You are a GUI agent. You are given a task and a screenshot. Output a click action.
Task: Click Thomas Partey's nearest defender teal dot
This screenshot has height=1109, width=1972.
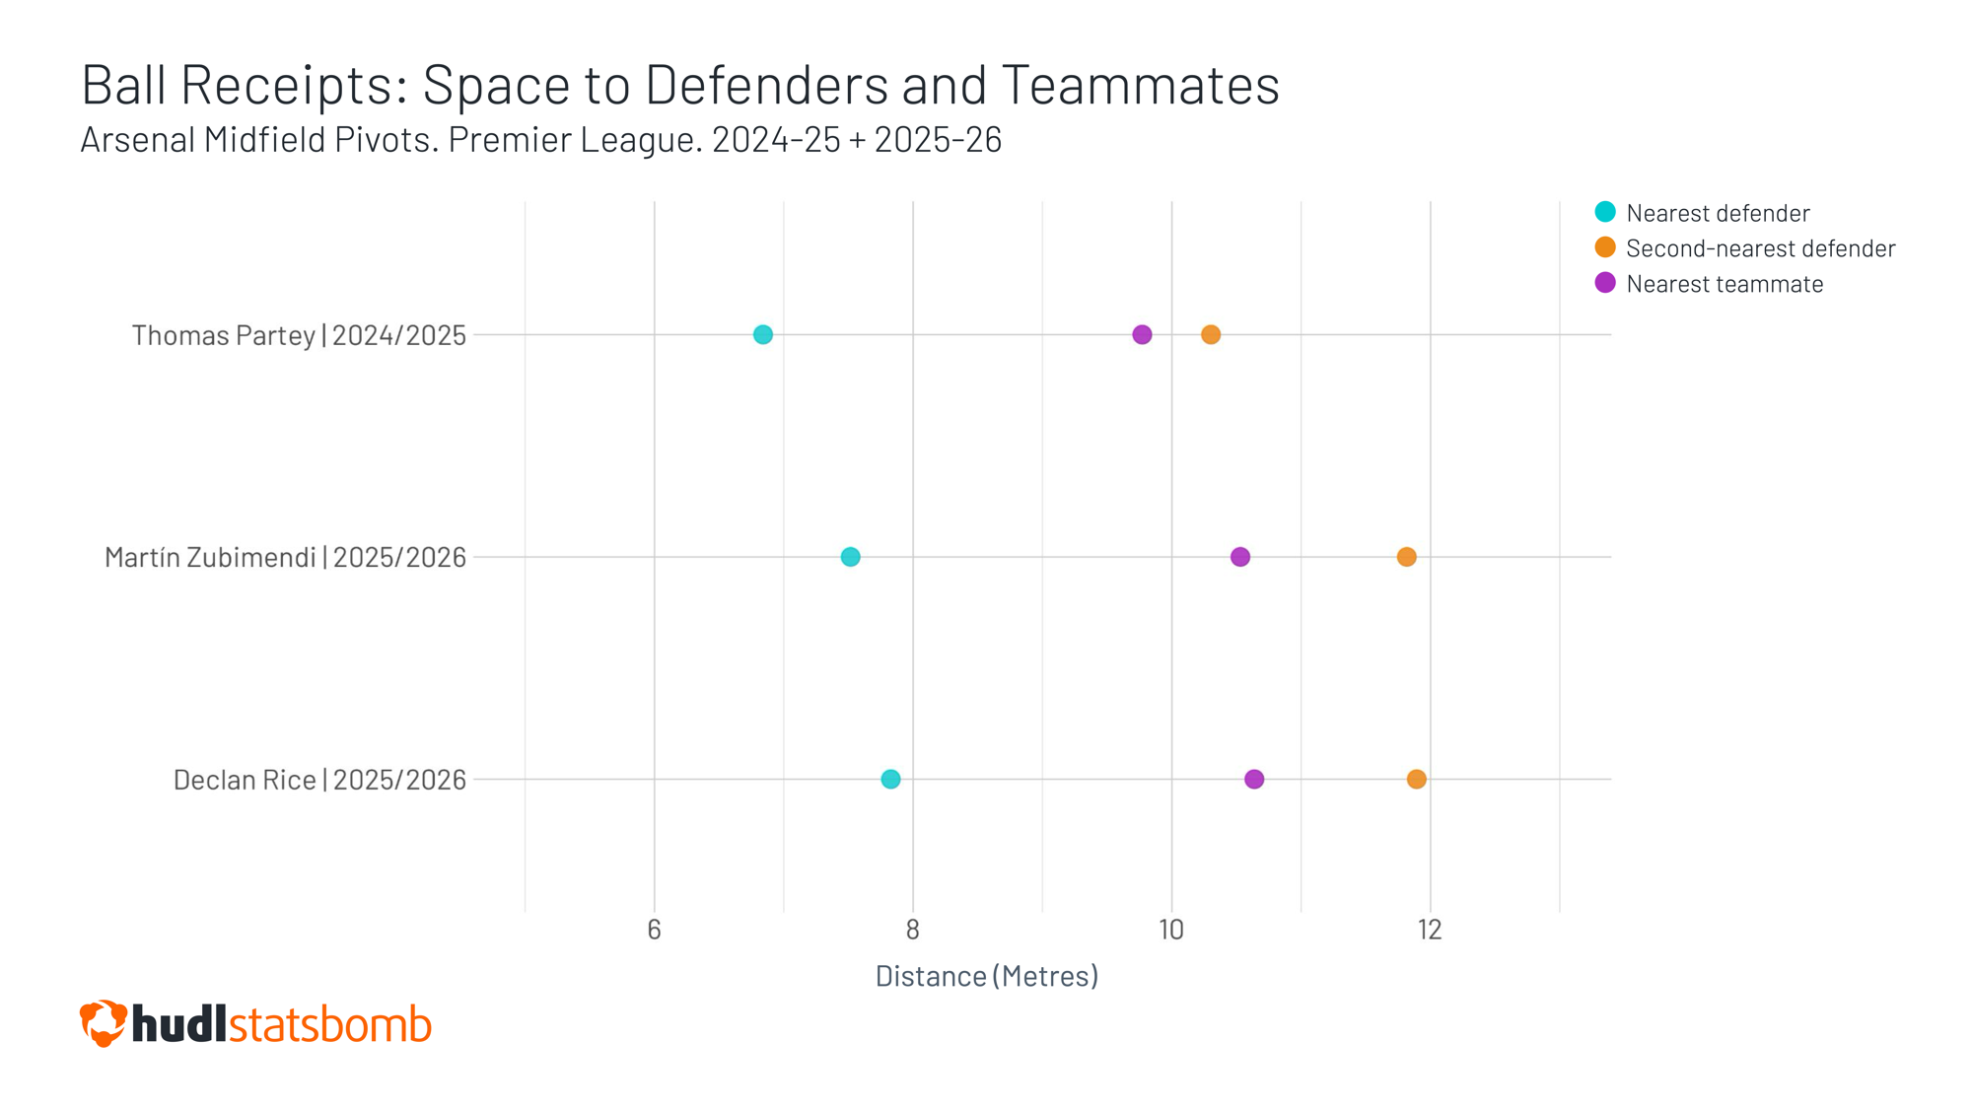coord(763,335)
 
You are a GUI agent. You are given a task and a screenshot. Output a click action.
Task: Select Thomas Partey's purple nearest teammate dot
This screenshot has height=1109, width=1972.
coord(1142,335)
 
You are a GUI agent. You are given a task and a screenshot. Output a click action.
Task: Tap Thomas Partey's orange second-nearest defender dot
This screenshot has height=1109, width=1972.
coord(1211,335)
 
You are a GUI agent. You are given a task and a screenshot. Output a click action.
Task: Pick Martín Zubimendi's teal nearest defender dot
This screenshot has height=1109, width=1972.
coord(850,557)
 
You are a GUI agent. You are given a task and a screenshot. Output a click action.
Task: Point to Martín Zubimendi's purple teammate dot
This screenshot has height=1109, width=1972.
coord(1240,557)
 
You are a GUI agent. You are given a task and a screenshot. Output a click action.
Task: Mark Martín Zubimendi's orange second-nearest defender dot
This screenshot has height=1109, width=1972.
coord(1407,557)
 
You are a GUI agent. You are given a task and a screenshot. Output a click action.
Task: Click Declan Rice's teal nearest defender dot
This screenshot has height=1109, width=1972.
coord(890,780)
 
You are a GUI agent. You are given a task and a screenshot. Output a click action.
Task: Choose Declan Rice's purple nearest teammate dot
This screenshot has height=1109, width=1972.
coord(1254,780)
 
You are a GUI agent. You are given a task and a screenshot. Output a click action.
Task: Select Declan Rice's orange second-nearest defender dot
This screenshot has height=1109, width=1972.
coord(1417,780)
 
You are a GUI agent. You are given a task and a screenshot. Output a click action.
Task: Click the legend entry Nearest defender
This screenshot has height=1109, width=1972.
coord(1717,213)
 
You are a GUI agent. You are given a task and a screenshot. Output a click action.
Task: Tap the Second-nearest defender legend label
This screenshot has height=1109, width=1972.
coord(1760,248)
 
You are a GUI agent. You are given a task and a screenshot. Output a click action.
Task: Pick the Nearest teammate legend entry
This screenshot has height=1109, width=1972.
coord(1724,284)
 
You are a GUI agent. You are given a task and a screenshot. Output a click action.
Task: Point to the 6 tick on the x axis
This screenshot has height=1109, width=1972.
coord(654,930)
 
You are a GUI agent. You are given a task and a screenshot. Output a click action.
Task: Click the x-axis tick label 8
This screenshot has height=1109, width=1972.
coord(913,930)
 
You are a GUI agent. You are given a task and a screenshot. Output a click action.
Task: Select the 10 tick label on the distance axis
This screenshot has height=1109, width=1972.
coord(1171,930)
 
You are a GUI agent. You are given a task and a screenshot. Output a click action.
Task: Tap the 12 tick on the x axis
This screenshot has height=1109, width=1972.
coord(1431,930)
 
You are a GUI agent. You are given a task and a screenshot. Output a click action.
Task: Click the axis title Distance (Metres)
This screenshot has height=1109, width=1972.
coord(987,976)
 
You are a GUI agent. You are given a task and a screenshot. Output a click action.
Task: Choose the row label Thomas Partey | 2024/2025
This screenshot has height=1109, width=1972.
coord(299,336)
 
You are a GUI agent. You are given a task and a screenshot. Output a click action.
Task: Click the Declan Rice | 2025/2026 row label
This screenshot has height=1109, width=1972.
coord(319,781)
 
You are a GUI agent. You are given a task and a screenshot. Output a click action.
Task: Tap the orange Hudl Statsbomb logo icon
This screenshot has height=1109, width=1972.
coord(104,1023)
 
